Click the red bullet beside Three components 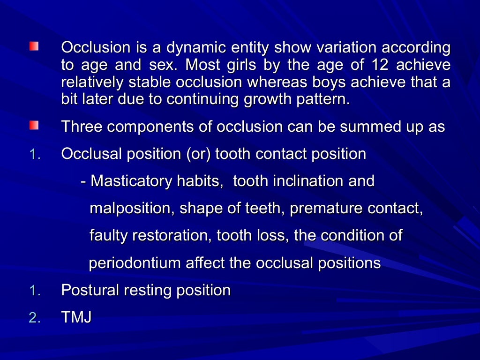[34, 126]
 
